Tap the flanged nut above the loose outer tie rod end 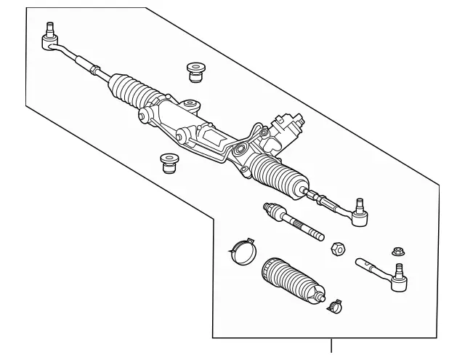tap(397, 252)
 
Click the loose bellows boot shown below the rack tap(289, 281)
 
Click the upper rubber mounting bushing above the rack tap(194, 71)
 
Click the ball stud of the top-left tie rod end tap(51, 31)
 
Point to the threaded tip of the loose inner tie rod tap(318, 234)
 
